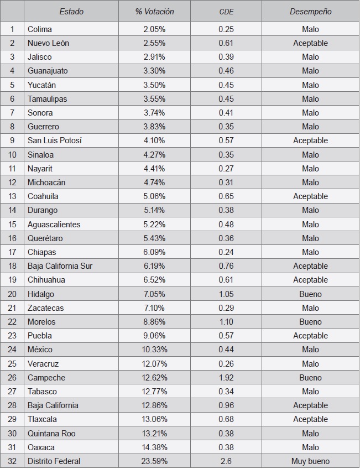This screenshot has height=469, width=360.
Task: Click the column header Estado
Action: click(71, 12)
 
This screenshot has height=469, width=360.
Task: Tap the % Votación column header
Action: click(154, 12)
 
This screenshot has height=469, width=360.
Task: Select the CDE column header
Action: click(226, 12)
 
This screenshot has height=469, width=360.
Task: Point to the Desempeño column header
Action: click(310, 12)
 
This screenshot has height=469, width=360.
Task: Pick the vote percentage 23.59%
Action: click(154, 461)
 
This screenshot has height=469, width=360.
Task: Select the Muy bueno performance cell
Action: click(310, 461)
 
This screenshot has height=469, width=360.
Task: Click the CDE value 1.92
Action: click(226, 378)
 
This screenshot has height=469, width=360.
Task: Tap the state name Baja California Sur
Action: click(60, 266)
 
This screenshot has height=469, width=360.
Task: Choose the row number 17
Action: click(12, 252)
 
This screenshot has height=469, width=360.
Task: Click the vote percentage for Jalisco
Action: click(154, 57)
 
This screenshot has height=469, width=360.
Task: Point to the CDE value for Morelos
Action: click(226, 322)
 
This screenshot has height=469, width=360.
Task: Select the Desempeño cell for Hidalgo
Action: click(310, 294)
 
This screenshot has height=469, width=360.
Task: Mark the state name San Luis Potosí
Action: click(55, 140)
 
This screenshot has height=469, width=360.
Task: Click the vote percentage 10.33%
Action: click(154, 350)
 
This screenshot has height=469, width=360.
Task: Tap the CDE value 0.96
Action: click(226, 405)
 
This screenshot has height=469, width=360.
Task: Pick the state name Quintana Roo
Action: click(51, 433)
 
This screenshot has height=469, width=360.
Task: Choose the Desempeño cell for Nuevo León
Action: click(310, 43)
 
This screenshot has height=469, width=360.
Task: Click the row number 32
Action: click(12, 461)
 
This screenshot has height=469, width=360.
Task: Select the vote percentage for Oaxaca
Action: click(154, 447)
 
